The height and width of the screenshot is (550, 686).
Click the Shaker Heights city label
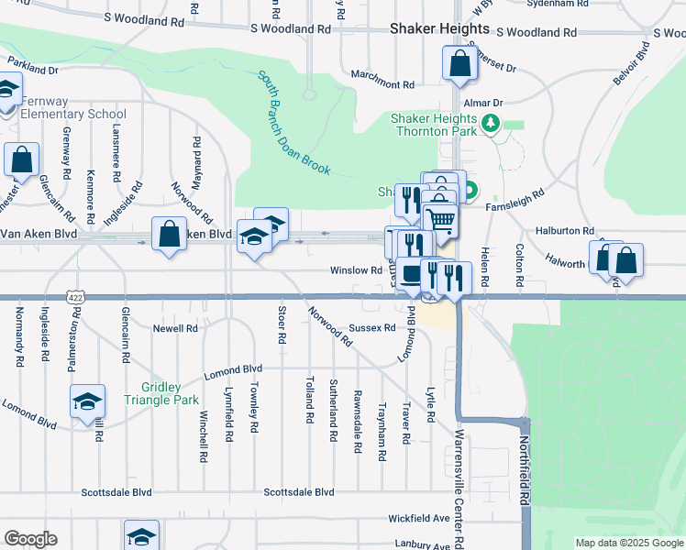coord(439,28)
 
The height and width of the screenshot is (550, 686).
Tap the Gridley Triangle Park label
coord(157,394)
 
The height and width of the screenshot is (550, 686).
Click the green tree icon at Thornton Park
coord(492,124)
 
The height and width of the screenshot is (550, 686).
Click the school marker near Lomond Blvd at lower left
coord(88,401)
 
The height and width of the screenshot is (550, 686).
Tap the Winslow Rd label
coord(356,270)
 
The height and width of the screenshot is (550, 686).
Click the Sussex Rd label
coord(372,327)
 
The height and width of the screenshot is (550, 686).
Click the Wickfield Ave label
coord(418,518)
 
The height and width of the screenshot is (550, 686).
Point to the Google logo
coord(30,539)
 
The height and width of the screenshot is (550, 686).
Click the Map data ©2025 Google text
coord(628,543)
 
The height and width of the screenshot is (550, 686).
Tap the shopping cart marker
coord(441,220)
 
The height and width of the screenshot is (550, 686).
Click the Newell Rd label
coord(175,328)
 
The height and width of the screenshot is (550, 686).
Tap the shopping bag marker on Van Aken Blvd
coord(170,234)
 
